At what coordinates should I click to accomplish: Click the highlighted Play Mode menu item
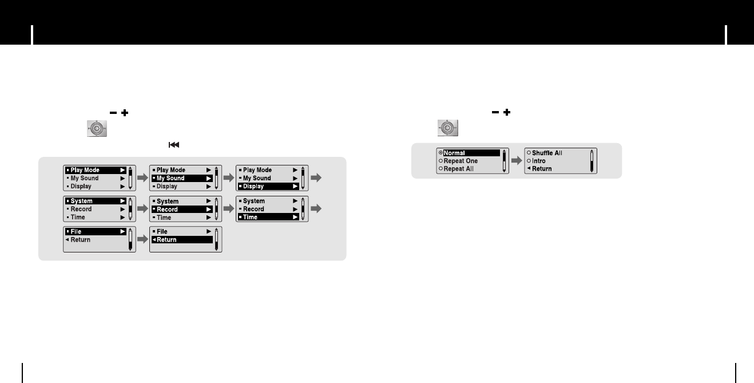pyautogui.click(x=95, y=170)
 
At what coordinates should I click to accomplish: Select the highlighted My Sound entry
pyautogui.click(x=181, y=178)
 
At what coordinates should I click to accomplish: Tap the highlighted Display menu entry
pyautogui.click(x=268, y=187)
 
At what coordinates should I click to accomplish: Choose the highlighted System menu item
pyautogui.click(x=95, y=201)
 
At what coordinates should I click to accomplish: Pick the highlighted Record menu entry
pyautogui.click(x=181, y=210)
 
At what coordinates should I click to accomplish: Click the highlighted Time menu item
pyautogui.click(x=268, y=218)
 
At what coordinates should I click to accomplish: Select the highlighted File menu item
pyautogui.click(x=95, y=231)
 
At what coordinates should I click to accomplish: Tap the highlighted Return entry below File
pyautogui.click(x=181, y=240)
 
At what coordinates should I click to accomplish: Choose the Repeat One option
pyautogui.click(x=461, y=161)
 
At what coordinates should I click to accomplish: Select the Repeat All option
pyautogui.click(x=458, y=169)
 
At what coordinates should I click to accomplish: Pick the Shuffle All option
pyautogui.click(x=547, y=153)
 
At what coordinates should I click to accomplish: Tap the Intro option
pyautogui.click(x=539, y=161)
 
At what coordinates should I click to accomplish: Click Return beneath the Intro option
pyautogui.click(x=541, y=169)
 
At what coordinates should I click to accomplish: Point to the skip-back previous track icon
pyautogui.click(x=173, y=145)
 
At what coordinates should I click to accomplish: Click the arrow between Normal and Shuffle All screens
pyautogui.click(x=515, y=161)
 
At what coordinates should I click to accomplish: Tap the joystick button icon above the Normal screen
pyautogui.click(x=448, y=128)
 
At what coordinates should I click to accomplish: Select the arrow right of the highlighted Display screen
pyautogui.click(x=316, y=178)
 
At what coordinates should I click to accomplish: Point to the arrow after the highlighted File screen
pyautogui.click(x=142, y=240)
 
